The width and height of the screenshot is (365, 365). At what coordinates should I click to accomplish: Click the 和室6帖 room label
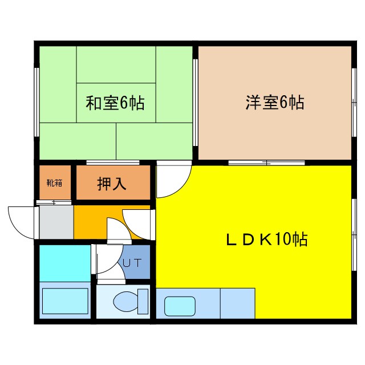(x=115, y=103)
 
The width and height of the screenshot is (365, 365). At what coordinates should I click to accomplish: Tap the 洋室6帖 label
(x=274, y=103)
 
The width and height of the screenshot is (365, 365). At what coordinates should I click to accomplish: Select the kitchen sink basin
(x=180, y=305)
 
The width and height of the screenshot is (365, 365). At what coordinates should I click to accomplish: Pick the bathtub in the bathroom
(x=65, y=301)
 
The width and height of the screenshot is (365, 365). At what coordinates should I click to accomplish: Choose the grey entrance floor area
(x=56, y=222)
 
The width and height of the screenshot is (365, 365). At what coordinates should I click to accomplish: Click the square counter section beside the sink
(x=237, y=303)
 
